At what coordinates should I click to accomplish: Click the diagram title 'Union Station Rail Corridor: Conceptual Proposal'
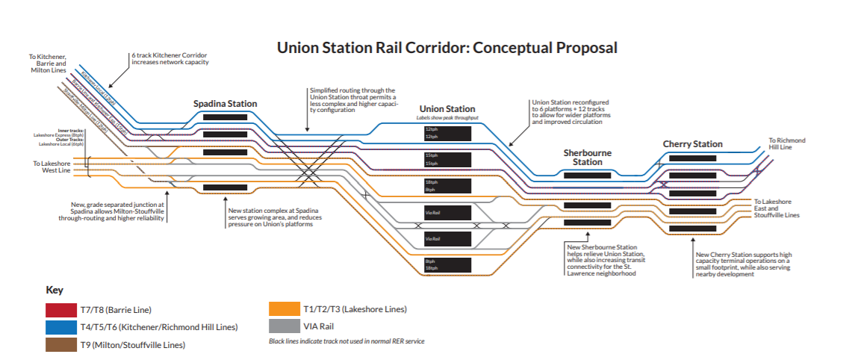coord(447,48)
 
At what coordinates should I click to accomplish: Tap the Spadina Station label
coord(225,104)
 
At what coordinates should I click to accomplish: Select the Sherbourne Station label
coord(587,157)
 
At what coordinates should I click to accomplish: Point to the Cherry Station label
coord(692,144)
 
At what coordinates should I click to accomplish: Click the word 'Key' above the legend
coord(55,290)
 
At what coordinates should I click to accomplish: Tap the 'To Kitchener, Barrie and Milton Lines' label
coord(48,64)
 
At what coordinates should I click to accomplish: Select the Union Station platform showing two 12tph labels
coord(447,133)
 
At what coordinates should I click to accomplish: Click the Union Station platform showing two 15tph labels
coord(447,159)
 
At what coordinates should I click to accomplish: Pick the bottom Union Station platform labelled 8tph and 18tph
coord(447,264)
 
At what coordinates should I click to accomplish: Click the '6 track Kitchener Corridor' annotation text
coord(169,59)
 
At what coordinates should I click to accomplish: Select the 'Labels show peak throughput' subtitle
coord(447,118)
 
